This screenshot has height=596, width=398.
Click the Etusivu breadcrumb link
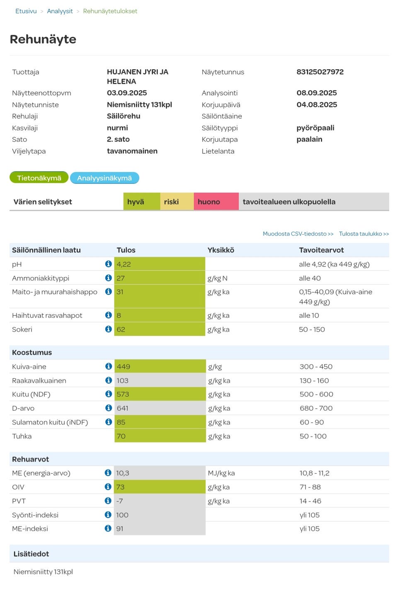(x=26, y=11)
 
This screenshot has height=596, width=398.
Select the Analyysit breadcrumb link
(x=60, y=11)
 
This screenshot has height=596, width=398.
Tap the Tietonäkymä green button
(x=39, y=178)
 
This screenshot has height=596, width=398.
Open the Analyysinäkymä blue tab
(x=104, y=178)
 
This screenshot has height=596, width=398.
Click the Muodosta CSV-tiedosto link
(x=298, y=234)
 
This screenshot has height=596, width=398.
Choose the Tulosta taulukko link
(x=364, y=234)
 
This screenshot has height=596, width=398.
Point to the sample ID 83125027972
(x=320, y=72)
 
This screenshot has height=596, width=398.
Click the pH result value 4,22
(x=124, y=264)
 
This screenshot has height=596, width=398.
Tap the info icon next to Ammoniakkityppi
(x=109, y=278)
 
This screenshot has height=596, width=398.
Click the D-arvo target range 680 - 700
(x=316, y=408)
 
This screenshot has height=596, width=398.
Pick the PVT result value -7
(x=119, y=501)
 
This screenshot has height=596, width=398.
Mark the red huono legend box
(x=216, y=202)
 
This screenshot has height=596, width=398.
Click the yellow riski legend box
(x=177, y=202)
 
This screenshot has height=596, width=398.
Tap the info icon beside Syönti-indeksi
(x=108, y=514)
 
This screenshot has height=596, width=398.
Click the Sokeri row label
(x=22, y=329)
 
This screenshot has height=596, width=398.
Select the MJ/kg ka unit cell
(x=221, y=473)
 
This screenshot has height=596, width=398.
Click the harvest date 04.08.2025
(x=317, y=104)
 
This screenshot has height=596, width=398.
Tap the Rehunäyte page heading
(x=43, y=39)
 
